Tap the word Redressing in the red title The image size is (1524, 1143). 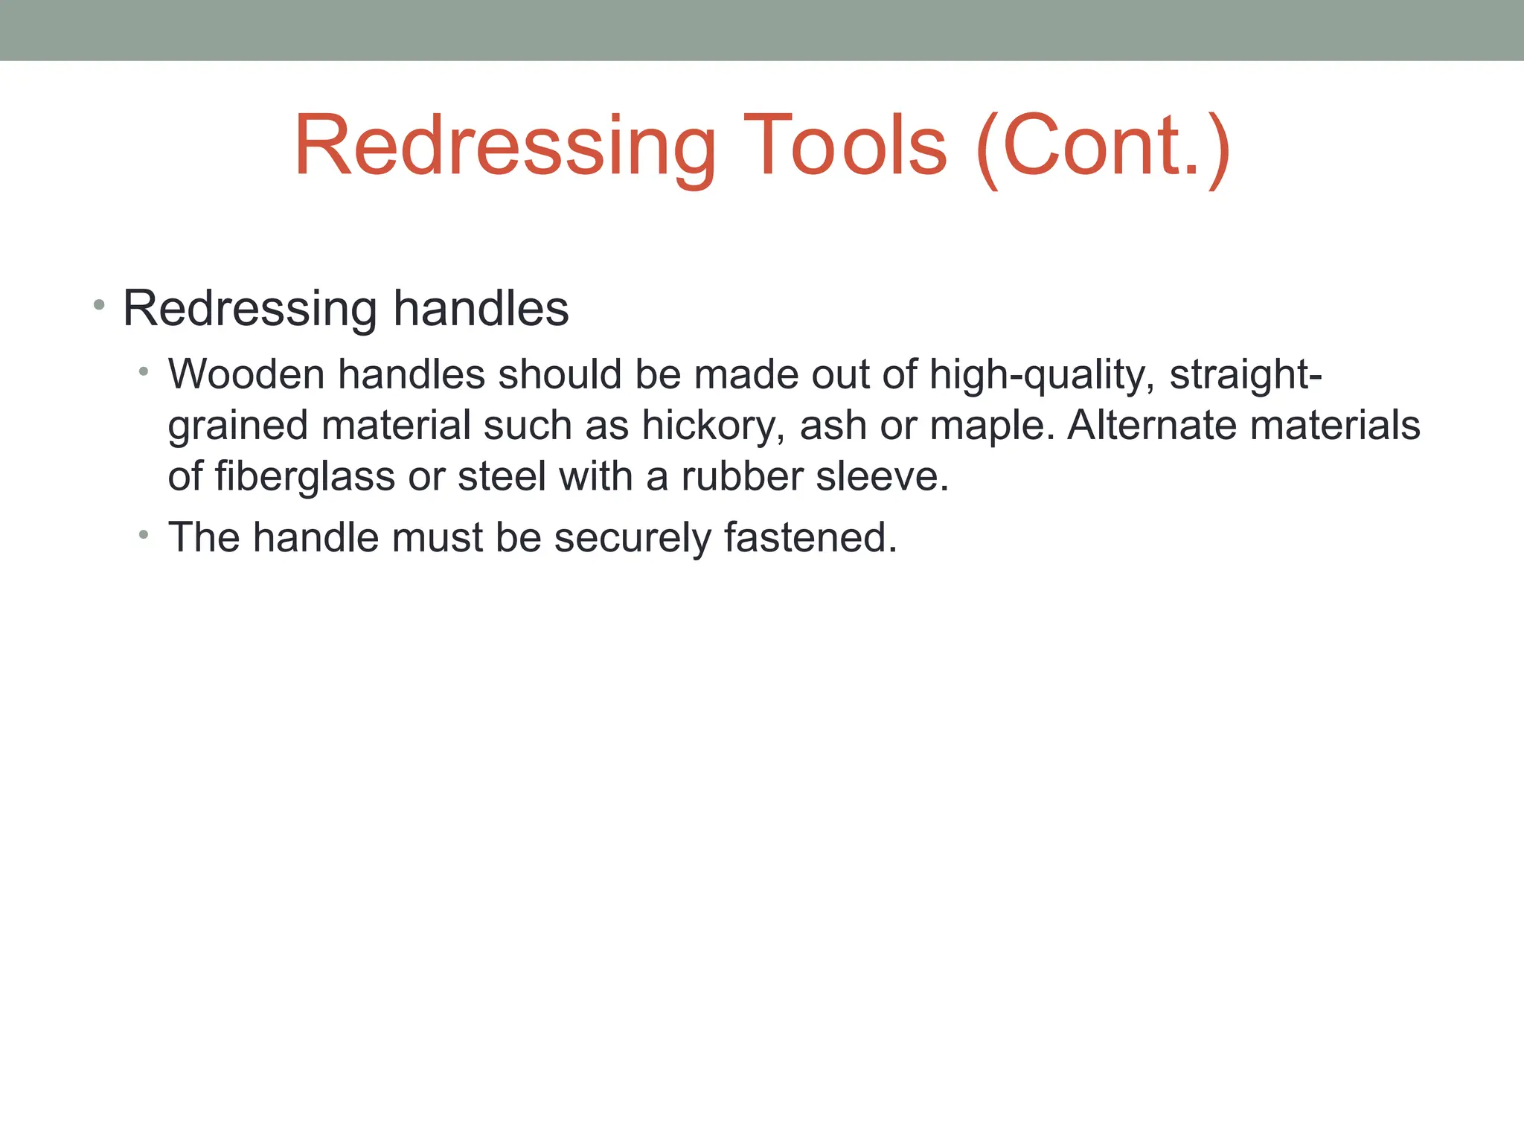[x=505, y=147]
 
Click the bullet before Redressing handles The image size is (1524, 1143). [x=99, y=304]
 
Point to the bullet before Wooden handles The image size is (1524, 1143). [x=144, y=371]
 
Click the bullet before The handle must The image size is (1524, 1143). [x=144, y=534]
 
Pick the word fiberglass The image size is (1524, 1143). [x=304, y=477]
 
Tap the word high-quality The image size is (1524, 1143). [x=1043, y=375]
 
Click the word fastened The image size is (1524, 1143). [x=810, y=537]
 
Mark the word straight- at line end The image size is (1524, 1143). [x=1246, y=375]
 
